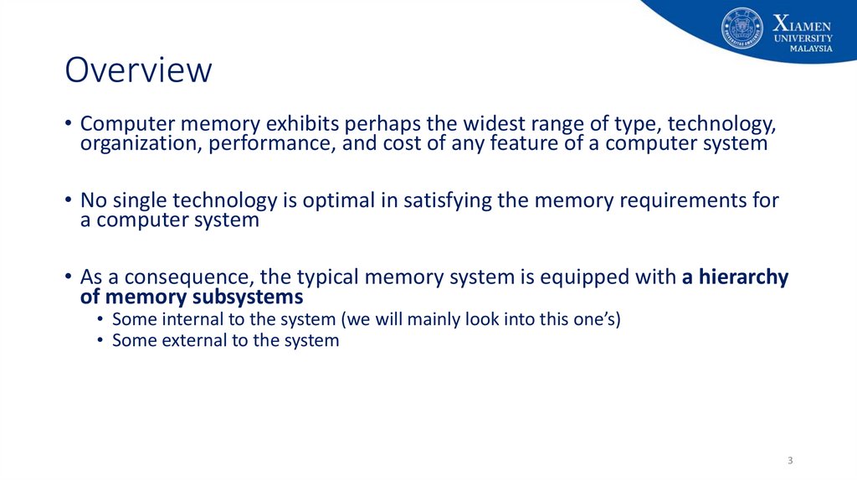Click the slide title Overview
click(x=138, y=70)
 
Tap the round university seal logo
click(x=742, y=28)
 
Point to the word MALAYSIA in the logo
click(x=811, y=49)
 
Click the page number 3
click(x=790, y=462)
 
